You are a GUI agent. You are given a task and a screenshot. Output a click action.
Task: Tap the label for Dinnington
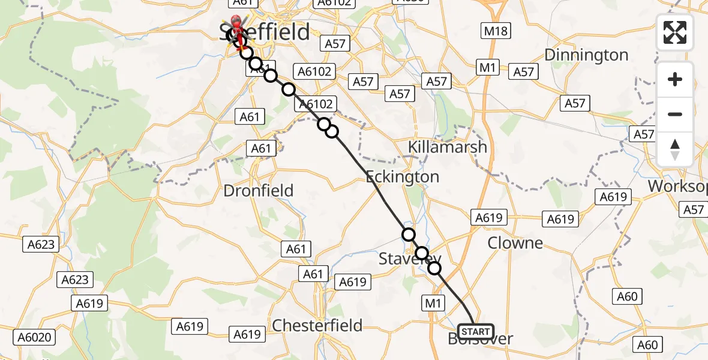tap(586, 55)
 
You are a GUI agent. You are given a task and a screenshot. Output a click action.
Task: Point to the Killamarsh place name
tap(447, 147)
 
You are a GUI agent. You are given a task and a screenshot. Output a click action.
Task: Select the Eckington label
tap(403, 177)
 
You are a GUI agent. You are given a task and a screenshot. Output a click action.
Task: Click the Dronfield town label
tap(258, 191)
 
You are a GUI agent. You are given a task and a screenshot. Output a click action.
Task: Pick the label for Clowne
tap(515, 243)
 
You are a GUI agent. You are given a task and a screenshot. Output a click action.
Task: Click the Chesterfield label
tap(317, 326)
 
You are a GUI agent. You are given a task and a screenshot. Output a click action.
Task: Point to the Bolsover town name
tap(480, 340)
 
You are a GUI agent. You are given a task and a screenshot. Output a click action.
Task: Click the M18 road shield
tap(495, 31)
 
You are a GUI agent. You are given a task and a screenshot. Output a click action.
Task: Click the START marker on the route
tap(476, 331)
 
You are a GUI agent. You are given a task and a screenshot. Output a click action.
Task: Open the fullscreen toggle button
tap(675, 32)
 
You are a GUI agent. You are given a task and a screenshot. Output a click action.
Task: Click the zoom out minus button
tap(675, 114)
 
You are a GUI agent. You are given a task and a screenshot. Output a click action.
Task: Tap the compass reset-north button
tap(675, 149)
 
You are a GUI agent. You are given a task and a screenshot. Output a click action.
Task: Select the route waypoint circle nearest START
tap(434, 268)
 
